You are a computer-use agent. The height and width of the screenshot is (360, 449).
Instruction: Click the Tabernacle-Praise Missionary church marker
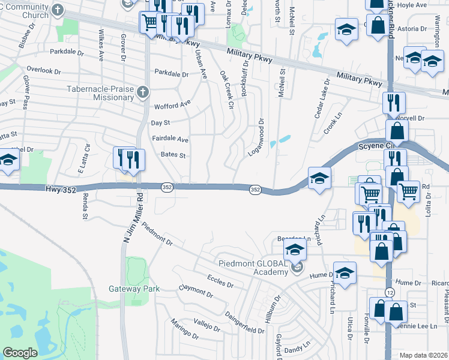(142, 92)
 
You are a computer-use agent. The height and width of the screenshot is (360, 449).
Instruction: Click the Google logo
(20, 353)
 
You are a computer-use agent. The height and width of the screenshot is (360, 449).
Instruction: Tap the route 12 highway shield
(391, 292)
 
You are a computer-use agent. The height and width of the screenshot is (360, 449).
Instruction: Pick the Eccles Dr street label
(220, 281)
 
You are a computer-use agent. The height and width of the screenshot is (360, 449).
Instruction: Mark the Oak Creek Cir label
(226, 91)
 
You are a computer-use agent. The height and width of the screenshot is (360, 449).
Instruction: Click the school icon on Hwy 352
(319, 178)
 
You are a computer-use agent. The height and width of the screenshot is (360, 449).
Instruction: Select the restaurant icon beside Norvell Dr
(394, 103)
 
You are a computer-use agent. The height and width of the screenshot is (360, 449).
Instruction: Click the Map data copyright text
(424, 355)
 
